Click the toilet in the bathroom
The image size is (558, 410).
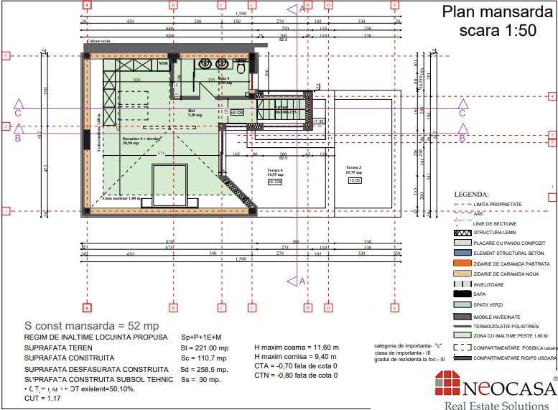coord(241,66)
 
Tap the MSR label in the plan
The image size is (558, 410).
coord(163,62)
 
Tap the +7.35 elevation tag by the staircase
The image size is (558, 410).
coord(319,121)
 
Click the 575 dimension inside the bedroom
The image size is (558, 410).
coord(162,154)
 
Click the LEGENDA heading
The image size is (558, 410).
coord(471,194)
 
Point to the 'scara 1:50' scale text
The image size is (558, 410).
coord(497,31)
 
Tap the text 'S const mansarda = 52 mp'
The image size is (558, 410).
coord(91,326)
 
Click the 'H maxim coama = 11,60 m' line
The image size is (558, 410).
coord(296,348)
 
